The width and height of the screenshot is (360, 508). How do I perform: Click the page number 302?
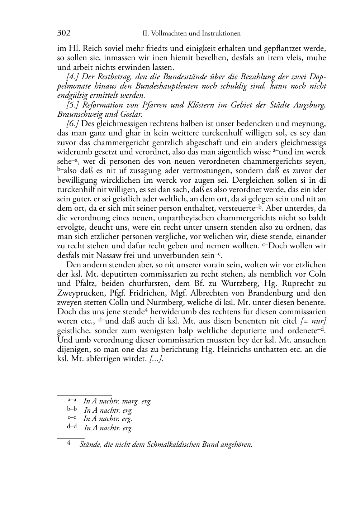[x=64, y=33]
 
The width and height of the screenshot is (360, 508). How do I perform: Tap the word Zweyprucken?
[x=77, y=293]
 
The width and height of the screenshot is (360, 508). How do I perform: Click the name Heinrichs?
[x=245, y=349]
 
